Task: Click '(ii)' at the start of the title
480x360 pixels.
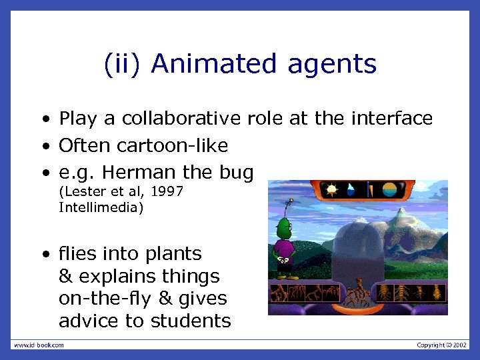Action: point(123,65)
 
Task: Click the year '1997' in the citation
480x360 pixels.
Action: point(167,193)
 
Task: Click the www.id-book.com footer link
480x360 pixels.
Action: point(39,345)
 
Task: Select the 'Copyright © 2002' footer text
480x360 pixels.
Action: point(441,345)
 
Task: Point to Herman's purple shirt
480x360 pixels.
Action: point(285,250)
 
